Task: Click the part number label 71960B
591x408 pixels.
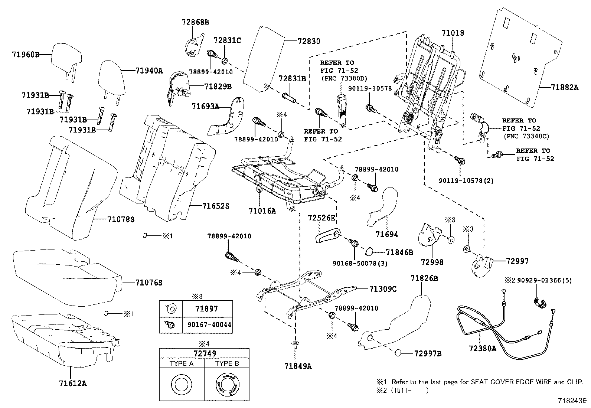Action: click(24, 55)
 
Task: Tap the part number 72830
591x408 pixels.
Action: click(308, 41)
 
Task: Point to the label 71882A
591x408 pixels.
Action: click(565, 87)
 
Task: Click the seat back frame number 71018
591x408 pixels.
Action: click(453, 33)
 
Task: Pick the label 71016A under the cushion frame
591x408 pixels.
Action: click(262, 211)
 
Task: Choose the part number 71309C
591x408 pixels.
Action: click(383, 289)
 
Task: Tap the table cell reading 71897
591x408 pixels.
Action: click(207, 309)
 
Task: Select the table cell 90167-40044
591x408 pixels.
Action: click(207, 325)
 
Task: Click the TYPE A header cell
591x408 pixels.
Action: click(182, 363)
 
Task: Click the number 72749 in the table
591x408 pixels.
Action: click(204, 353)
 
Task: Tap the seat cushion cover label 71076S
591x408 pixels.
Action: click(149, 283)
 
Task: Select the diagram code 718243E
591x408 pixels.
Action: click(572, 401)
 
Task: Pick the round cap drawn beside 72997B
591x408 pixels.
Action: click(399, 353)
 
